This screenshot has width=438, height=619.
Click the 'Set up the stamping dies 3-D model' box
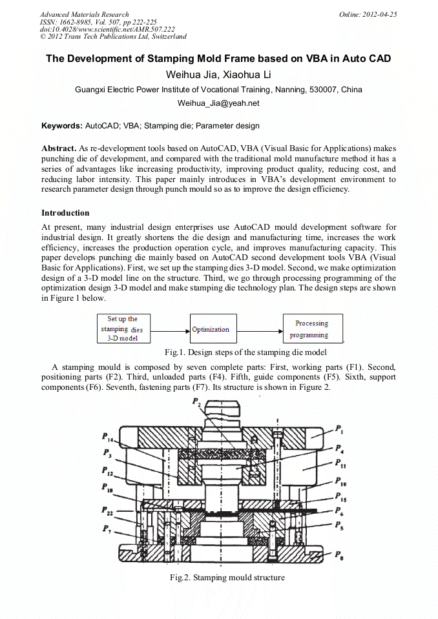click(124, 329)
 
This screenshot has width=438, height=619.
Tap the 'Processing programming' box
click(313, 329)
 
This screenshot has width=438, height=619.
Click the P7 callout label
click(107, 529)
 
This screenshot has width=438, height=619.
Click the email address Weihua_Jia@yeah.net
click(218, 103)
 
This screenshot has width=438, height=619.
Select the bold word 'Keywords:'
click(61, 126)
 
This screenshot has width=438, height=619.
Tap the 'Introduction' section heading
click(65, 213)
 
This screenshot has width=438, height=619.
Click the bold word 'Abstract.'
click(59, 148)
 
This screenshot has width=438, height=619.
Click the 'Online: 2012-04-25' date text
click(368, 14)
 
